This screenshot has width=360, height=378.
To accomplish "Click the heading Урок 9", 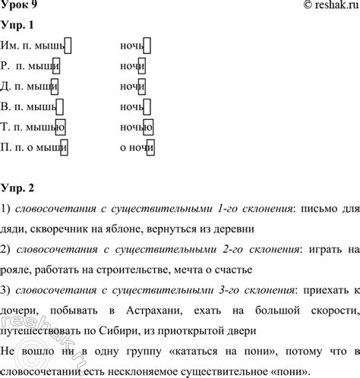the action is click(x=19, y=5).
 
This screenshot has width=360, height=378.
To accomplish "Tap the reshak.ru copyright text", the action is click(x=318, y=6).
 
